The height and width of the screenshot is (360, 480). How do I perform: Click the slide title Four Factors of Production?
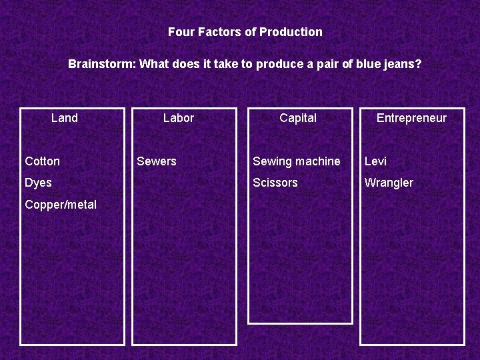pos(245,32)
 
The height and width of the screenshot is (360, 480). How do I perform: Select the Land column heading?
pos(65,118)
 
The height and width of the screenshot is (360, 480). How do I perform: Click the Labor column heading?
pos(179,118)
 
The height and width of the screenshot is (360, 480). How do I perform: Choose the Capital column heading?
pos(298,118)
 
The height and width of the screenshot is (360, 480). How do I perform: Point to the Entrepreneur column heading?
pos(411,118)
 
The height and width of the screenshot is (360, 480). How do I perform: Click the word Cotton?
pos(42,161)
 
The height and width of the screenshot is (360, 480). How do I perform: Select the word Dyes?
pos(38,183)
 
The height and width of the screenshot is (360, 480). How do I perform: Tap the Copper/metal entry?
pos(61,205)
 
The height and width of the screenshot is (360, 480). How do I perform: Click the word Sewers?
pos(157,161)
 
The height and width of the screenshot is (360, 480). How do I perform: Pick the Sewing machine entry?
pos(296,161)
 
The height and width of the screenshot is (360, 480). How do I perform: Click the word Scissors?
pos(275,183)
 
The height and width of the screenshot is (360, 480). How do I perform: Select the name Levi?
pos(375,161)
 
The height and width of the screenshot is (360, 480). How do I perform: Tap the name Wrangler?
pos(389,183)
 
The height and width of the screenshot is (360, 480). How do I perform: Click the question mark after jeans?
pos(419,65)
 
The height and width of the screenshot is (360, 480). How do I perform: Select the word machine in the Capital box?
pos(319,161)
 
